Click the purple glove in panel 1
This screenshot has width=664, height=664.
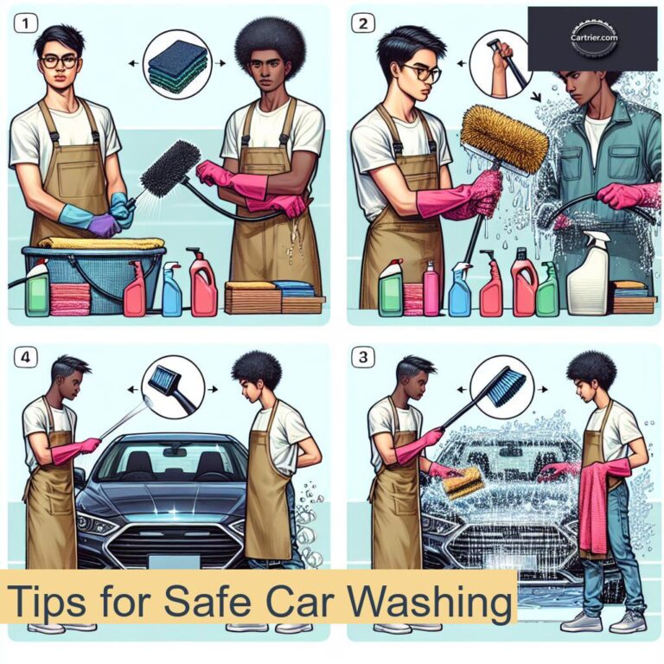104,227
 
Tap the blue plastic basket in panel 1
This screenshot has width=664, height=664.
95,268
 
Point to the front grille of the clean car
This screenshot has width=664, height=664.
164,542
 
